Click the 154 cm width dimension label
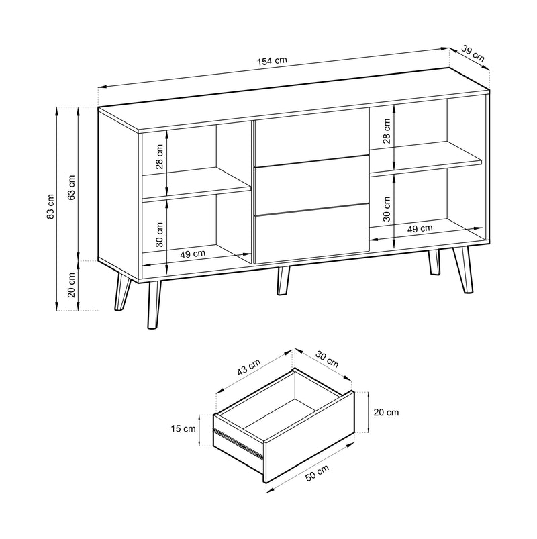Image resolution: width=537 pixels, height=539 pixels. pos(272,61)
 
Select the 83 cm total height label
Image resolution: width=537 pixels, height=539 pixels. pos(50,206)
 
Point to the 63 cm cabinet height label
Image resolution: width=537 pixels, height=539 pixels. pos(72,188)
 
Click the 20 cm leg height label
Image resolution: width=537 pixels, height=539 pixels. pos(72,285)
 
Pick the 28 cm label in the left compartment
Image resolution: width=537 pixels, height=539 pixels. pos(160,157)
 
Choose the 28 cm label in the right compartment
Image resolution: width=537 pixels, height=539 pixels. pos(387,131)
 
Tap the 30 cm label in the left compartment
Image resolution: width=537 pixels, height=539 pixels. pos(160,234)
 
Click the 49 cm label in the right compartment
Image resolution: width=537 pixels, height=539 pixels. pos(420,228)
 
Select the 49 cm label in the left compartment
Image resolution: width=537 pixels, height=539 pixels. pos(193,254)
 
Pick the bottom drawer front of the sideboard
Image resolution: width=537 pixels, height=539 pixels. pos(310,234)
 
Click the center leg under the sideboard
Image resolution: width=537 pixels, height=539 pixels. pos(283,281)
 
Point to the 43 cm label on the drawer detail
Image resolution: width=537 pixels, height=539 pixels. pos(249,366)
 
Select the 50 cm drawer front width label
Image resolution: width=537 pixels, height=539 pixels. pos(317,473)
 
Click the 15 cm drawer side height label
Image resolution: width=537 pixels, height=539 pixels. pos(183,428)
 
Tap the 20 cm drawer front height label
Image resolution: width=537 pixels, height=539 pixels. pos(386,412)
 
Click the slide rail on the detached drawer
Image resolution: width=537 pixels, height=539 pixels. pos(238,443)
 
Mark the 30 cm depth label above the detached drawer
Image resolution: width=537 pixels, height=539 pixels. pos(327,359)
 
